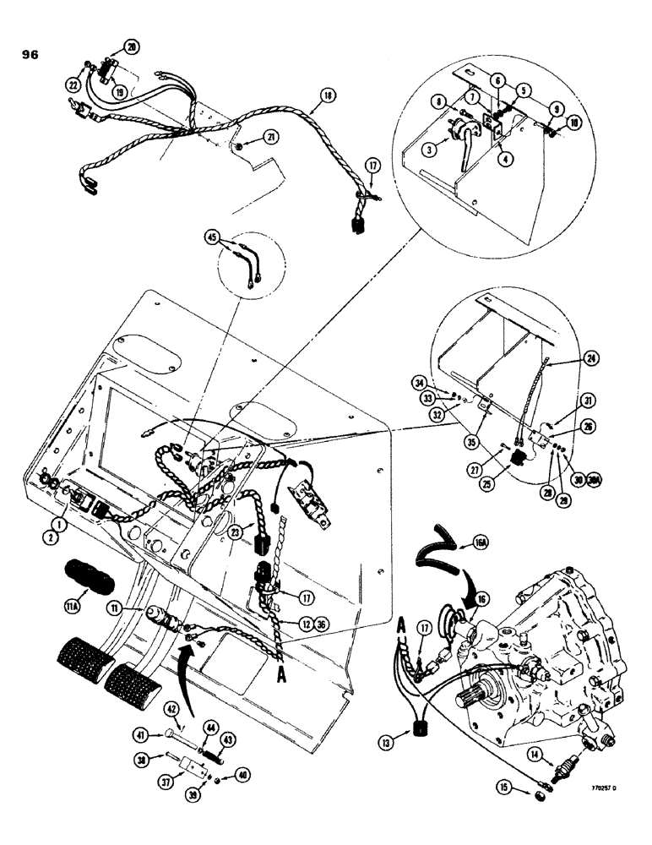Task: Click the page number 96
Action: click(x=29, y=56)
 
